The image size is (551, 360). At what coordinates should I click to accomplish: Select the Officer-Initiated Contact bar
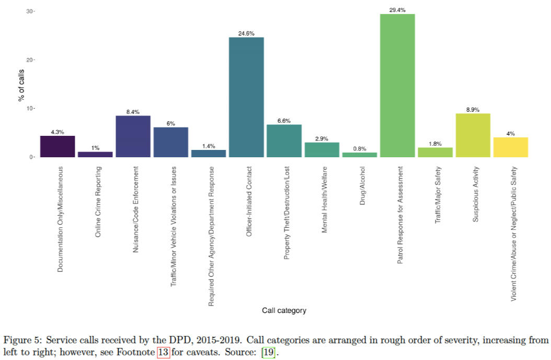[246, 97]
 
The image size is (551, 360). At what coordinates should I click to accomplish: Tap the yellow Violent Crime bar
[511, 147]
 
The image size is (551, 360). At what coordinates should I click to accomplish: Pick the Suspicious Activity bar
[473, 135]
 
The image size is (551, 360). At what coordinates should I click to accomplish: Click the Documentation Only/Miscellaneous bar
[58, 146]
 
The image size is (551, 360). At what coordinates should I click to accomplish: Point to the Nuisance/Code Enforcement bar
[133, 136]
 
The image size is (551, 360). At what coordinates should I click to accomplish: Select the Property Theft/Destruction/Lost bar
[284, 141]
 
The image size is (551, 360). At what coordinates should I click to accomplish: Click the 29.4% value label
[397, 10]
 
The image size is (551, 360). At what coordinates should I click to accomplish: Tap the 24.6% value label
[246, 33]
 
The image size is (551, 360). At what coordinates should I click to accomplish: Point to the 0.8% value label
[360, 148]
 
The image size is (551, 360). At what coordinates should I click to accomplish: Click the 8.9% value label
[473, 110]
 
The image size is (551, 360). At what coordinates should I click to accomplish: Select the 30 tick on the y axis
[29, 11]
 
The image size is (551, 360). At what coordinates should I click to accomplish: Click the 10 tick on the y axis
[29, 108]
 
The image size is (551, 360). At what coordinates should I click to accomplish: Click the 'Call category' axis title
[284, 310]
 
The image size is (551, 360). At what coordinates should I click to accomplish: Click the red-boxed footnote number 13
[164, 352]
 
